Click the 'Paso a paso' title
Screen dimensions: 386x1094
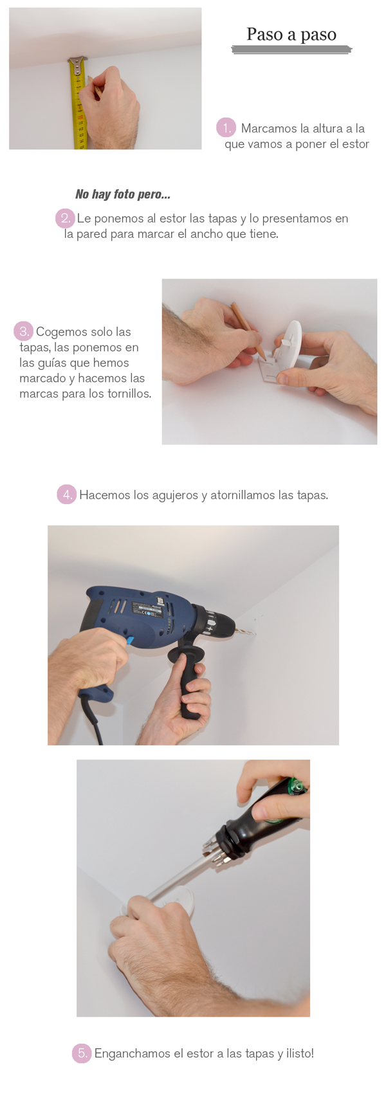click(291, 35)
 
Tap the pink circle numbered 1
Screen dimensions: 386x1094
click(226, 127)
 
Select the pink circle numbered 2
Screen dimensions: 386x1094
click(65, 218)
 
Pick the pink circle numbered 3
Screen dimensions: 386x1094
click(23, 331)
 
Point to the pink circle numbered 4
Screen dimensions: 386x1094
click(67, 494)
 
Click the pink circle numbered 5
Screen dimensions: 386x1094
click(82, 1053)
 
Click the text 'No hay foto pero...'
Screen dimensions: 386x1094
click(123, 194)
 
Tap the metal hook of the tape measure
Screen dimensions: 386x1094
click(76, 63)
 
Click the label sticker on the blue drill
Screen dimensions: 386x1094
click(147, 610)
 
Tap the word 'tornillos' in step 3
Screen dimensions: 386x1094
click(129, 394)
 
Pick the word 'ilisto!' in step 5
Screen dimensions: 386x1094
click(300, 1053)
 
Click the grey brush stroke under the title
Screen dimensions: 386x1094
click(291, 50)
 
